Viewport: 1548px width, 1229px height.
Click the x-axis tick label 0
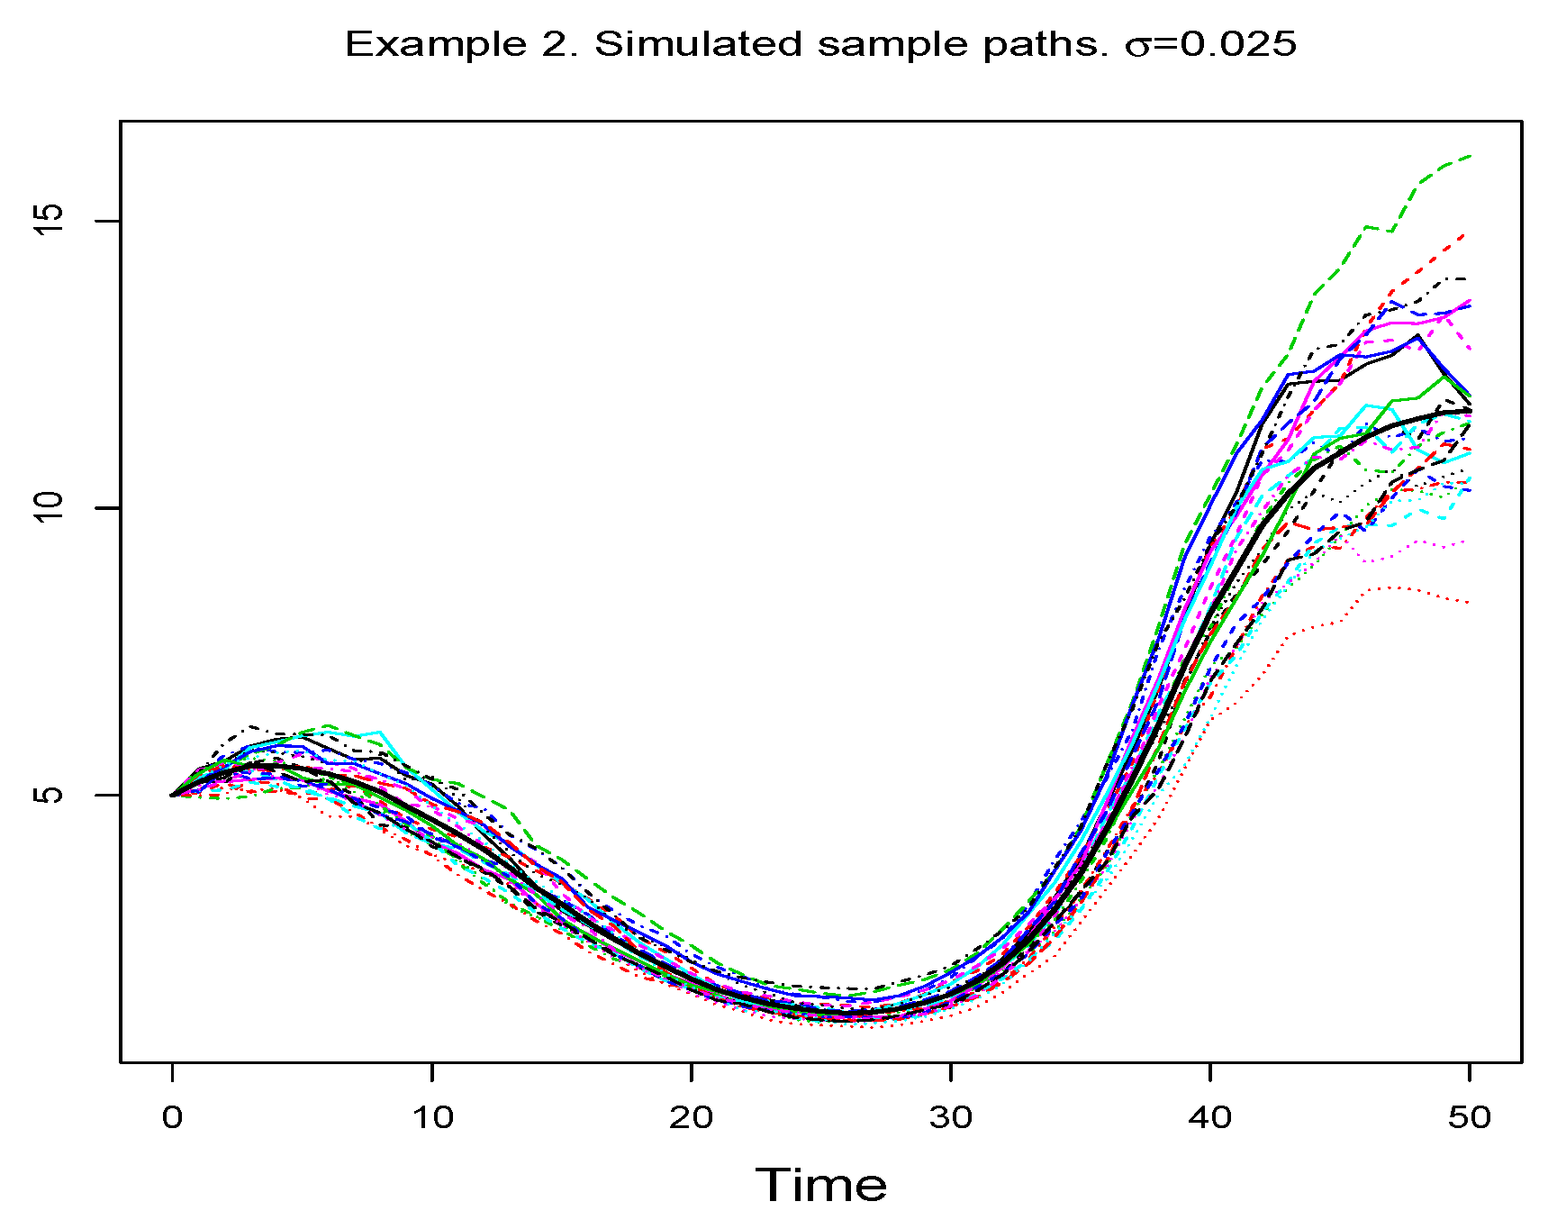pyautogui.click(x=172, y=1118)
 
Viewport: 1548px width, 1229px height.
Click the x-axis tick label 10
pyautogui.click(x=432, y=1118)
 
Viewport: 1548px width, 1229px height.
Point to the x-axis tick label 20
pyautogui.click(x=692, y=1118)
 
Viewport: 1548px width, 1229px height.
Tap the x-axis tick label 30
pyautogui.click(x=951, y=1118)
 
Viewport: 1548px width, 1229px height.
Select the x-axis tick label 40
pyautogui.click(x=1210, y=1118)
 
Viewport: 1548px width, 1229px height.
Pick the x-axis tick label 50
pyautogui.click(x=1470, y=1118)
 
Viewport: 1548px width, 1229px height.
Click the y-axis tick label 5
pyautogui.click(x=51, y=795)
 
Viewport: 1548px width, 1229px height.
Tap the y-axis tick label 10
pyautogui.click(x=51, y=507)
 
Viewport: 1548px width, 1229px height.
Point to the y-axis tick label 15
pyautogui.click(x=51, y=221)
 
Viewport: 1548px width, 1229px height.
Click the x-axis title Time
pyautogui.click(x=820, y=1185)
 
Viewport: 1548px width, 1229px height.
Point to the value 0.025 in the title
pyautogui.click(x=1239, y=43)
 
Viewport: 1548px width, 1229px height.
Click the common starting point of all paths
pyautogui.click(x=172, y=795)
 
